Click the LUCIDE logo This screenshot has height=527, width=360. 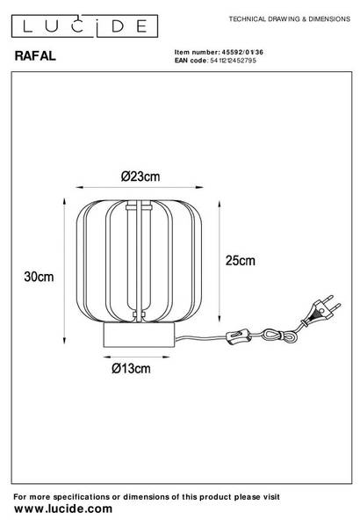click(x=84, y=25)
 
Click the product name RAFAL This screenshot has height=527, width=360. click(x=35, y=56)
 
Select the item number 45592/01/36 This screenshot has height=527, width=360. click(x=242, y=52)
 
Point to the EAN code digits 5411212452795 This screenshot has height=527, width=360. click(x=233, y=61)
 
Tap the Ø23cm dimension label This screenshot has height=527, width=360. click(x=140, y=177)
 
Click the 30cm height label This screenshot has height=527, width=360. click(x=39, y=277)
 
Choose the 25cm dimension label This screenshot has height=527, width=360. click(x=241, y=261)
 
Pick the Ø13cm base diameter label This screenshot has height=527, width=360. click(x=131, y=368)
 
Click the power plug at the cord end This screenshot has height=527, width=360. click(x=321, y=310)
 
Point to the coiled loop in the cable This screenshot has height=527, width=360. click(x=280, y=336)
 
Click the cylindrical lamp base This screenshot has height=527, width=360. click(x=139, y=336)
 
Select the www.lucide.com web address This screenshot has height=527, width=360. click(x=63, y=509)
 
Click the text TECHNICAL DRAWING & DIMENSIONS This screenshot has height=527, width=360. click(x=290, y=19)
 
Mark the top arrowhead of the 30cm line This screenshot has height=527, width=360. click(x=64, y=201)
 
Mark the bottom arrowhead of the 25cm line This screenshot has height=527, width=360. click(x=220, y=318)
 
